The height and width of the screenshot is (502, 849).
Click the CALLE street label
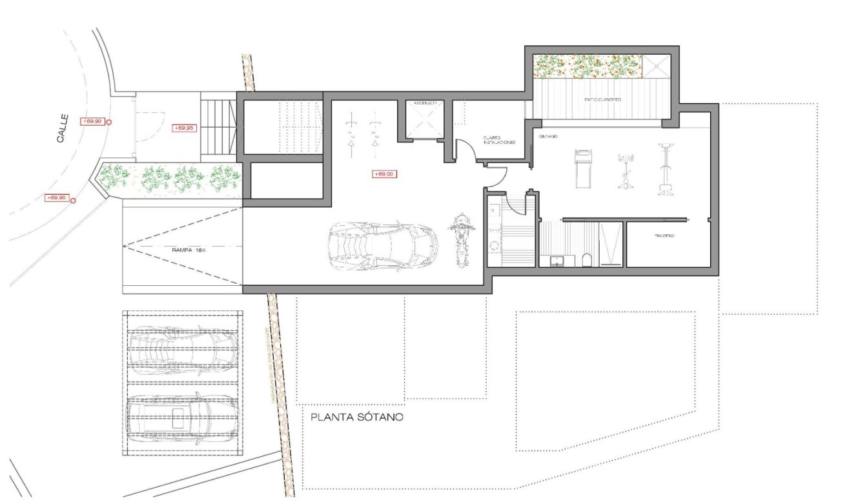coord(63,128)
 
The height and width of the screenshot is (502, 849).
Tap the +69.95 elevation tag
coord(184,128)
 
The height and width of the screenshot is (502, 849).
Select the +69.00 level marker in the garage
coord(385,174)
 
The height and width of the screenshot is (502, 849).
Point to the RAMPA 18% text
coord(189,250)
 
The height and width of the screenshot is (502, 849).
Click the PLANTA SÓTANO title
coord(357,417)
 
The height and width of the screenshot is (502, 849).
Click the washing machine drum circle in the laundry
coord(495,245)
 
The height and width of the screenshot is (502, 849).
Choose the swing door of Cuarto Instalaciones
coord(466,151)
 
